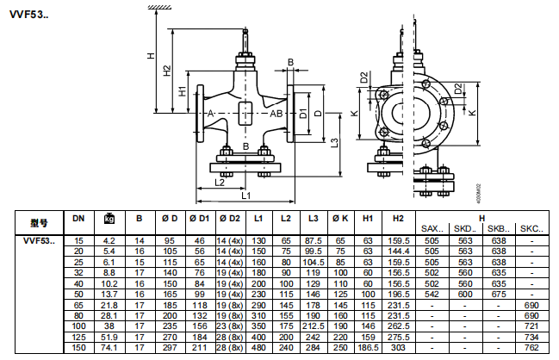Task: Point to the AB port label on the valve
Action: tap(276, 113)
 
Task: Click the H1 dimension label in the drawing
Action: tap(182, 90)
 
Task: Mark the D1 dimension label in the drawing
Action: tap(302, 114)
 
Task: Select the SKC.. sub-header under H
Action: tap(532, 227)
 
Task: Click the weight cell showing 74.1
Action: tap(109, 349)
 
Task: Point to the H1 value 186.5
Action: tap(368, 349)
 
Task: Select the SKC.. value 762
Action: tap(532, 349)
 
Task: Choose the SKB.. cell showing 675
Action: tap(497, 294)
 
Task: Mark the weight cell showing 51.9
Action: tap(109, 338)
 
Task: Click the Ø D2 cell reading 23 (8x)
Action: tap(229, 326)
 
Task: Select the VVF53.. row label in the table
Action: tap(37, 239)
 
